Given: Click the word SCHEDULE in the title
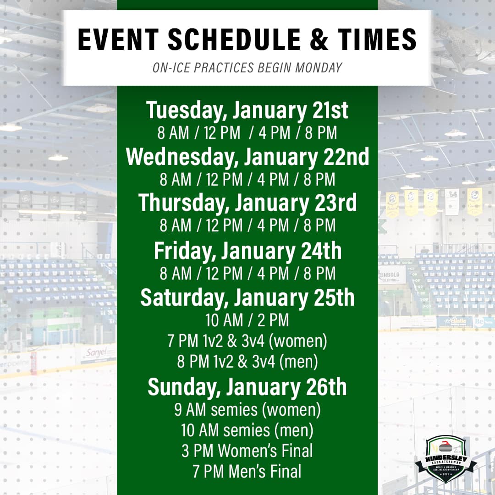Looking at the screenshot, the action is (x=234, y=39).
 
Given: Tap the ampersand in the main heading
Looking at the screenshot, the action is (x=319, y=39).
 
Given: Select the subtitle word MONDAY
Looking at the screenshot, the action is (x=319, y=67).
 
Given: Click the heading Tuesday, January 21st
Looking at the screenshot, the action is (x=247, y=110).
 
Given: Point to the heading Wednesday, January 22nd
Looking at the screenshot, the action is (x=247, y=157).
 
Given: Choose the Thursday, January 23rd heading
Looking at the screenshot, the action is (x=247, y=203).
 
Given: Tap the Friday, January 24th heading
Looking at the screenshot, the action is (x=247, y=251).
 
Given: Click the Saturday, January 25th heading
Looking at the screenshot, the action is (x=247, y=297).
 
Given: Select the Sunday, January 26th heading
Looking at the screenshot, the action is (x=247, y=387).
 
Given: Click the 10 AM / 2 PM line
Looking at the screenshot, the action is (x=247, y=320).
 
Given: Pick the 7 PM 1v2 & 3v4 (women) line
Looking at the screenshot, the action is (x=247, y=341).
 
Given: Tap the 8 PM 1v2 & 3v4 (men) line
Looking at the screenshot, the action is (x=247, y=362).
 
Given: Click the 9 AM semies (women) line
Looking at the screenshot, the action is (x=247, y=410).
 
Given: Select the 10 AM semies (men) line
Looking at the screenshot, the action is (x=247, y=430).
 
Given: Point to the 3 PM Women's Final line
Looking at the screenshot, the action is (x=247, y=451).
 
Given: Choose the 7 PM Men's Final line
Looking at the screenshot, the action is (x=247, y=471).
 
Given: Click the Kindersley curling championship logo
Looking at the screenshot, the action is (x=446, y=459).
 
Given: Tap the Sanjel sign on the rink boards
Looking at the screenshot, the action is (x=97, y=352).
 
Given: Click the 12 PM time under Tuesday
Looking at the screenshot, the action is (x=222, y=133).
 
